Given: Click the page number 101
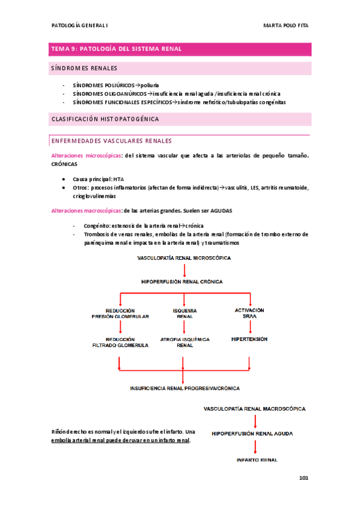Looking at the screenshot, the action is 303,478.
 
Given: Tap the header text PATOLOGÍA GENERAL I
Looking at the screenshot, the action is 80,26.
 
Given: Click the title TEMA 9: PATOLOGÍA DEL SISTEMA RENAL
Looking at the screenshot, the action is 117,49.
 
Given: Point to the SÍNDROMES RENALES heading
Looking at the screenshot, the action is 84,69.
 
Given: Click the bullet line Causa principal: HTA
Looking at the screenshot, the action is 98,179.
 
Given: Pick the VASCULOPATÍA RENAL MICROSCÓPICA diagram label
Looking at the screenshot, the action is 183,257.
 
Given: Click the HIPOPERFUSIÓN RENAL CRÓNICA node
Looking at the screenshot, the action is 183,281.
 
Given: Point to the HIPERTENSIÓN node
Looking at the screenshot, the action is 249,339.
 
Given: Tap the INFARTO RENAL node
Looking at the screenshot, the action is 257,460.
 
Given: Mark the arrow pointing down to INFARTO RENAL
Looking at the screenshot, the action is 256,446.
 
